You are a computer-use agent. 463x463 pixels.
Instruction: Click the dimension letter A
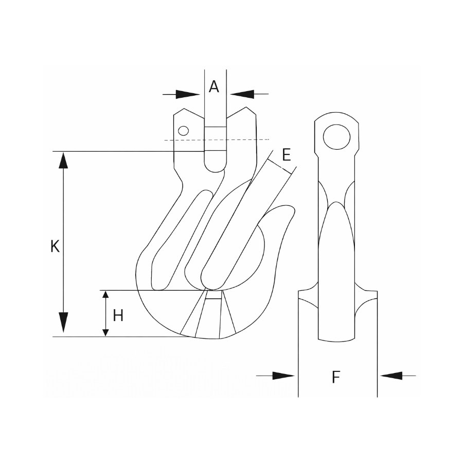point(214,87)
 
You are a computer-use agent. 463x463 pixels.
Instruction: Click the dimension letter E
point(287,154)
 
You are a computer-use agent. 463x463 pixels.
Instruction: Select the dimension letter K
point(55,246)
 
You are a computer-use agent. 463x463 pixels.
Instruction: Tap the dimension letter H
point(118,315)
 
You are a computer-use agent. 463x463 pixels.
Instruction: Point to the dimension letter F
point(336,377)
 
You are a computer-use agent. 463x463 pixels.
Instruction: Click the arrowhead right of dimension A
point(242,94)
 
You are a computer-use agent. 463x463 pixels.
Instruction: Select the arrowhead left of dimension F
point(283,376)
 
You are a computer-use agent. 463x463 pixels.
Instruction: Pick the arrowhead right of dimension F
point(391,376)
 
